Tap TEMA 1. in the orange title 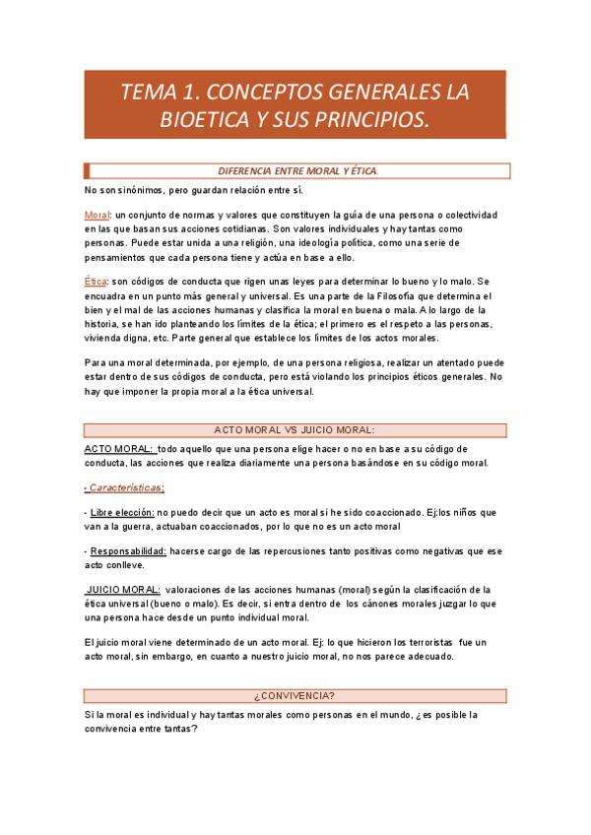[x=155, y=93]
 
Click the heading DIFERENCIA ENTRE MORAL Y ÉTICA [x=296, y=170]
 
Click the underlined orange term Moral [x=97, y=215]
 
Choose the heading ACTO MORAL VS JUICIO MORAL [x=295, y=430]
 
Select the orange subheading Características [x=126, y=487]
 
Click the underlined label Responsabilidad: [x=127, y=551]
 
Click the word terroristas [x=421, y=642]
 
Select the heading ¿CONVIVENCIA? [x=295, y=696]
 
